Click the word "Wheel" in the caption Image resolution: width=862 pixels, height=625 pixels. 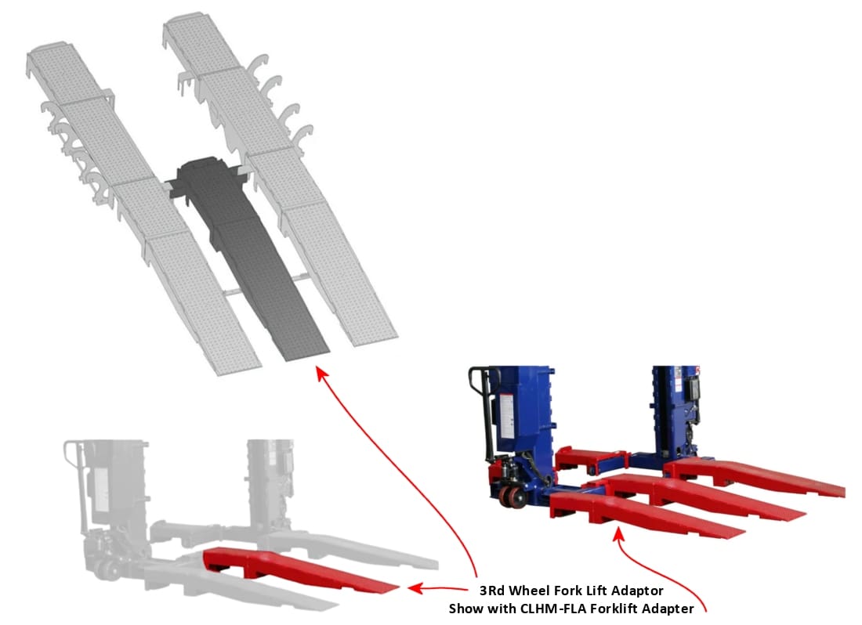[x=529, y=591]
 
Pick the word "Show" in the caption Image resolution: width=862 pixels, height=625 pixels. [x=465, y=609]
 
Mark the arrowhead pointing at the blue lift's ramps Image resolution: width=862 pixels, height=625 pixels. [x=618, y=534]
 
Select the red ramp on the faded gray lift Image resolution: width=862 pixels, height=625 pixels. [x=297, y=569]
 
